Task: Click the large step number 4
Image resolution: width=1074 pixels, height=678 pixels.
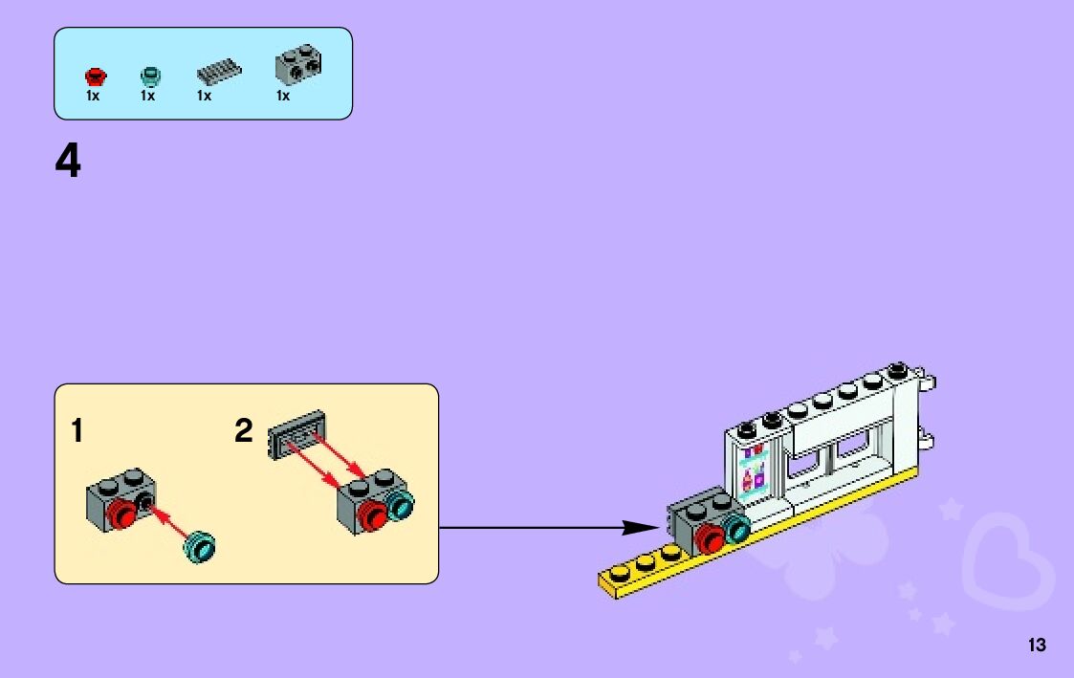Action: (68, 162)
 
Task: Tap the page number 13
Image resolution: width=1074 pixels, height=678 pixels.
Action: (1037, 645)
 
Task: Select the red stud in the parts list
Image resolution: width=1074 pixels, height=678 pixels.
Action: (94, 76)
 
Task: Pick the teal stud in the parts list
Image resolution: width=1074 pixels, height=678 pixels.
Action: (148, 76)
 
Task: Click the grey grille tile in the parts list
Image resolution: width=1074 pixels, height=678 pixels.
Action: (219, 73)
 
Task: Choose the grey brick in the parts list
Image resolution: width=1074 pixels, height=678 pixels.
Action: (297, 65)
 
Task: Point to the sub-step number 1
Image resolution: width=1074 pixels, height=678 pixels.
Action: (77, 431)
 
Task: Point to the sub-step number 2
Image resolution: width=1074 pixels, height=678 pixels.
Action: (244, 431)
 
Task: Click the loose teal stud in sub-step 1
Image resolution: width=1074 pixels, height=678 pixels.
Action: (202, 545)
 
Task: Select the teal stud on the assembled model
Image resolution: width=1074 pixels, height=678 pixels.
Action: (736, 527)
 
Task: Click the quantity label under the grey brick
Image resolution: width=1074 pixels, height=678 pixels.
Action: (283, 96)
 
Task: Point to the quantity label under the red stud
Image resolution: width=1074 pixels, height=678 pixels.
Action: (93, 96)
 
